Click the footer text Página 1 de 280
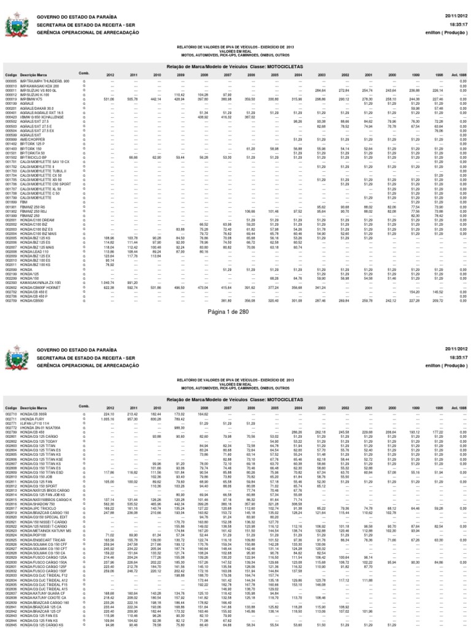(x=235, y=312)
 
